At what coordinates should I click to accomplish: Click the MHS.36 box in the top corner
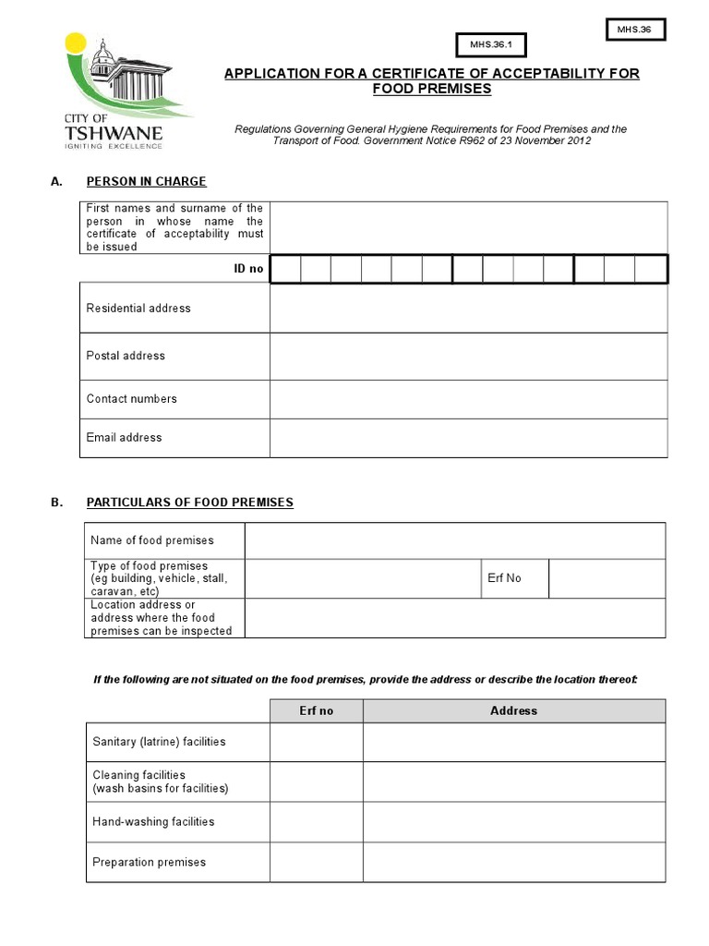pos(634,30)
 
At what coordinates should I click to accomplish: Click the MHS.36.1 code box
pos(490,44)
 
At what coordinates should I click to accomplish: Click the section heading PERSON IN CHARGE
pos(146,181)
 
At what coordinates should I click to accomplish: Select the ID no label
pos(249,269)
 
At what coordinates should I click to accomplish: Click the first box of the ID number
pos(286,269)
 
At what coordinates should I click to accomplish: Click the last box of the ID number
pos(651,269)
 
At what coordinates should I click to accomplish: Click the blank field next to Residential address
pos(468,308)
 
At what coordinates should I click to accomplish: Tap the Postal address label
pos(126,356)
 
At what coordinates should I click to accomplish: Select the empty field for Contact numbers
pos(468,399)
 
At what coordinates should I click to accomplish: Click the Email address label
pos(124,438)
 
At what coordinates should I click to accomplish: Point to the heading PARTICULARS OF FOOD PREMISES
pos(189,503)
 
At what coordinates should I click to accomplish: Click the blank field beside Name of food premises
pos(454,540)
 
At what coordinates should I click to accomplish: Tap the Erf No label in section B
pos(504,578)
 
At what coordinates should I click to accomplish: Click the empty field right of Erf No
pos(606,578)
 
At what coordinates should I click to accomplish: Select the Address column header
pos(513,710)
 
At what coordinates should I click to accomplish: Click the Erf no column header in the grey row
pos(316,710)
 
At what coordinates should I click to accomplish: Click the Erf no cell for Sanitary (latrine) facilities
pos(316,742)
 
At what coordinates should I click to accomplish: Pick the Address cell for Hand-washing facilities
pos(513,821)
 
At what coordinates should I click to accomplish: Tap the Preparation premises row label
pos(149,862)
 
